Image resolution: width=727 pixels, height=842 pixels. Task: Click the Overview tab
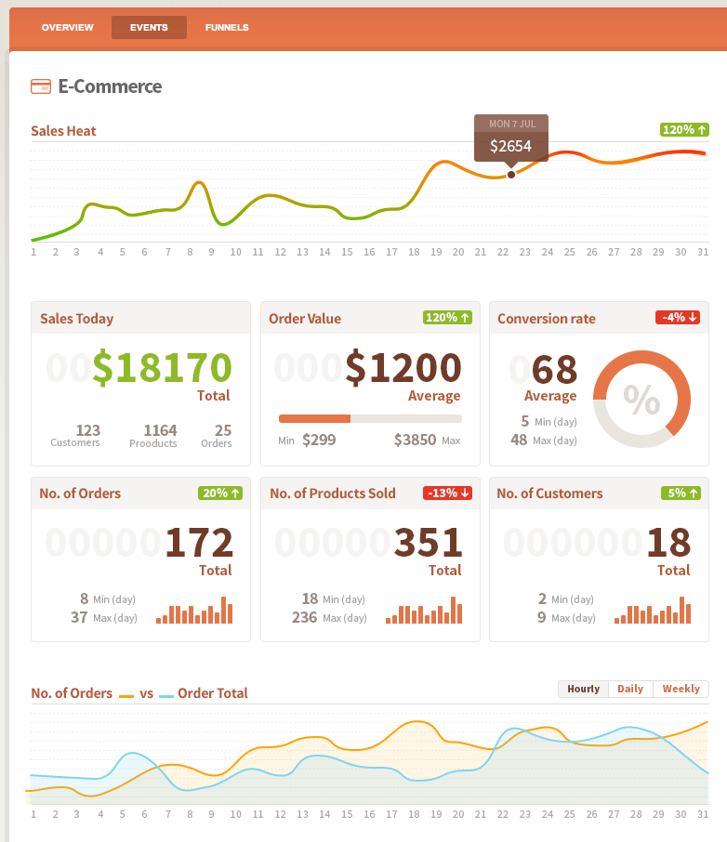point(68,28)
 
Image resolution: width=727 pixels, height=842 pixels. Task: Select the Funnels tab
point(227,28)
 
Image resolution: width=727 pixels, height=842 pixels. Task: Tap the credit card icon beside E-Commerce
point(40,86)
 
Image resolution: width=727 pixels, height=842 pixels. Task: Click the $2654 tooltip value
point(510,146)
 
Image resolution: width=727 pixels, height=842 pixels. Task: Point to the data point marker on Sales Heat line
point(510,175)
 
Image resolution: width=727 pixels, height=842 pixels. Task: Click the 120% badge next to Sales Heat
point(684,130)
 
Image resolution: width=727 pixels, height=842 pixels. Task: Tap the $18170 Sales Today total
point(162,367)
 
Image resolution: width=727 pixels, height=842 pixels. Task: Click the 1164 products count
point(160,430)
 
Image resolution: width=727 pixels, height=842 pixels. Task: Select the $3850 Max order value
point(415,440)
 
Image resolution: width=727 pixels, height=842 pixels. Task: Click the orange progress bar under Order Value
point(314,418)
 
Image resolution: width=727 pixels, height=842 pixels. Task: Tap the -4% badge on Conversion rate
point(677,318)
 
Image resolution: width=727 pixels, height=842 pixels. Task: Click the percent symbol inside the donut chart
point(641,399)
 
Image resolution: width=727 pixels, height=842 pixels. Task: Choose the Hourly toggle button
point(583,689)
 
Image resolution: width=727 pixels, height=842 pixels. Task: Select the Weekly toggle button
point(681,689)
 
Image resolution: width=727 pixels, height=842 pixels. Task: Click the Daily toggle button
point(630,689)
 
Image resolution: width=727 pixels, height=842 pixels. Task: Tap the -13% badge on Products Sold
point(447,493)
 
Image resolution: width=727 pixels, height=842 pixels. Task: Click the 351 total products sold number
point(429,543)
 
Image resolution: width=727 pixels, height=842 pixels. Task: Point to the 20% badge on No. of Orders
point(219,493)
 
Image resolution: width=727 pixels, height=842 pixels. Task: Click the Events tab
point(149,28)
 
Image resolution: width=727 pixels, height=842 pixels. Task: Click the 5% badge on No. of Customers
point(681,493)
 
